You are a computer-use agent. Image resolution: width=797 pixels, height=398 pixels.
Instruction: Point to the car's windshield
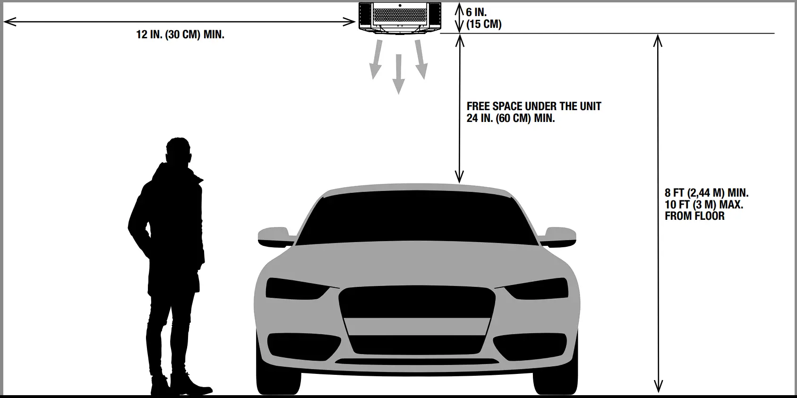coord(418,220)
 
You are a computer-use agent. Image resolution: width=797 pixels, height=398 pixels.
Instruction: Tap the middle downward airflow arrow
coord(398,73)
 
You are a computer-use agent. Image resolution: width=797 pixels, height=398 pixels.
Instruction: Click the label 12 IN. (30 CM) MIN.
coord(180,35)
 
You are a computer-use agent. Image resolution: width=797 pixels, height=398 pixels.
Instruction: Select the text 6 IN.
coord(476,13)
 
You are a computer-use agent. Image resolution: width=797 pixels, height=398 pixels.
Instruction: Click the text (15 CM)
coord(484,24)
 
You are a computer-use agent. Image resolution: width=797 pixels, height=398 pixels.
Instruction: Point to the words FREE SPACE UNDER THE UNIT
coord(534,106)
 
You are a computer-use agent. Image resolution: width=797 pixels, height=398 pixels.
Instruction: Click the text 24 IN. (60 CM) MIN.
coord(511,118)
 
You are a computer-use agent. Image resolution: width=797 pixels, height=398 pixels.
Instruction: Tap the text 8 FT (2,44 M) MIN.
coord(706,193)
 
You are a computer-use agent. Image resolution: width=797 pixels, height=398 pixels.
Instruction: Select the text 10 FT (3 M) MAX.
coord(703,205)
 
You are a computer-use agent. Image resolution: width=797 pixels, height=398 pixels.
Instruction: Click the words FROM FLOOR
coord(694,216)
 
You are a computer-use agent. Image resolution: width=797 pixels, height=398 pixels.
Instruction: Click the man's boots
coord(182,385)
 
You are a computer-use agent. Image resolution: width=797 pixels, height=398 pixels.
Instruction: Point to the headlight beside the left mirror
coord(295,288)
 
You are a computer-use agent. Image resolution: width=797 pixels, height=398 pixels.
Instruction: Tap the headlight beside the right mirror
coord(539,288)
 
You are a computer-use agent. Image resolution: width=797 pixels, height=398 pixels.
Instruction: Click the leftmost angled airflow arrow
coord(376,60)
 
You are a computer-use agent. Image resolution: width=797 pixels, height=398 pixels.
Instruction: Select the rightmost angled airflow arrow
coord(420,59)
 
